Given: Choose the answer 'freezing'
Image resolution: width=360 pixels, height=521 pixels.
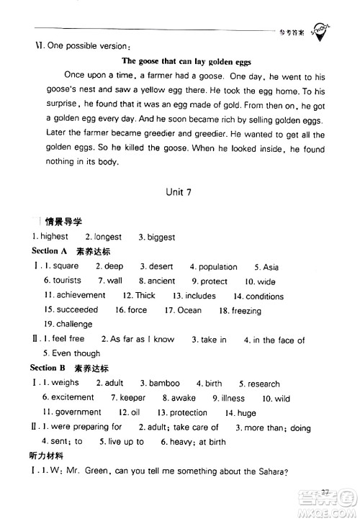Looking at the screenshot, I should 246,311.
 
